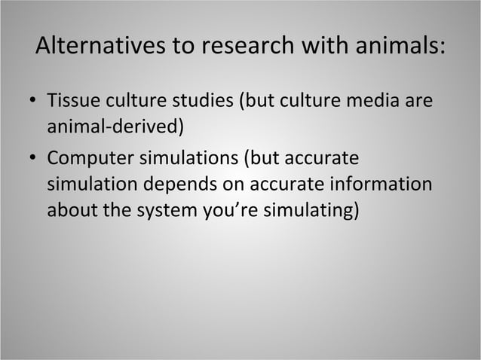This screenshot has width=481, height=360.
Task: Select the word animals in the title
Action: [x=393, y=47]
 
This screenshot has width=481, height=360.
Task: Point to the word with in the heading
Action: [x=319, y=47]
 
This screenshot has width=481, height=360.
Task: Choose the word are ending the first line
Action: [x=419, y=100]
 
